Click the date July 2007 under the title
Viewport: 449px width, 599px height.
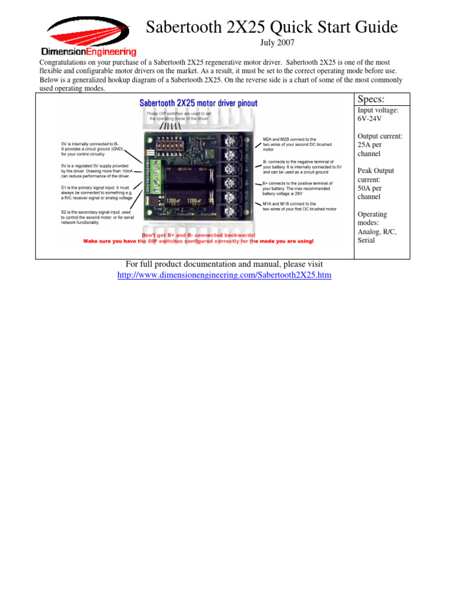click(277, 43)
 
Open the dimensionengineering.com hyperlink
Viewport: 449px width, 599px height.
click(224, 274)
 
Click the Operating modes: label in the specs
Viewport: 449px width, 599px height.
click(372, 219)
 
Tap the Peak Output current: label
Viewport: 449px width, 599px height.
click(375, 175)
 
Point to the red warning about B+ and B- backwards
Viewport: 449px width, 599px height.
click(198, 235)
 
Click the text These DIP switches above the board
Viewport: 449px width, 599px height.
click(178, 116)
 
